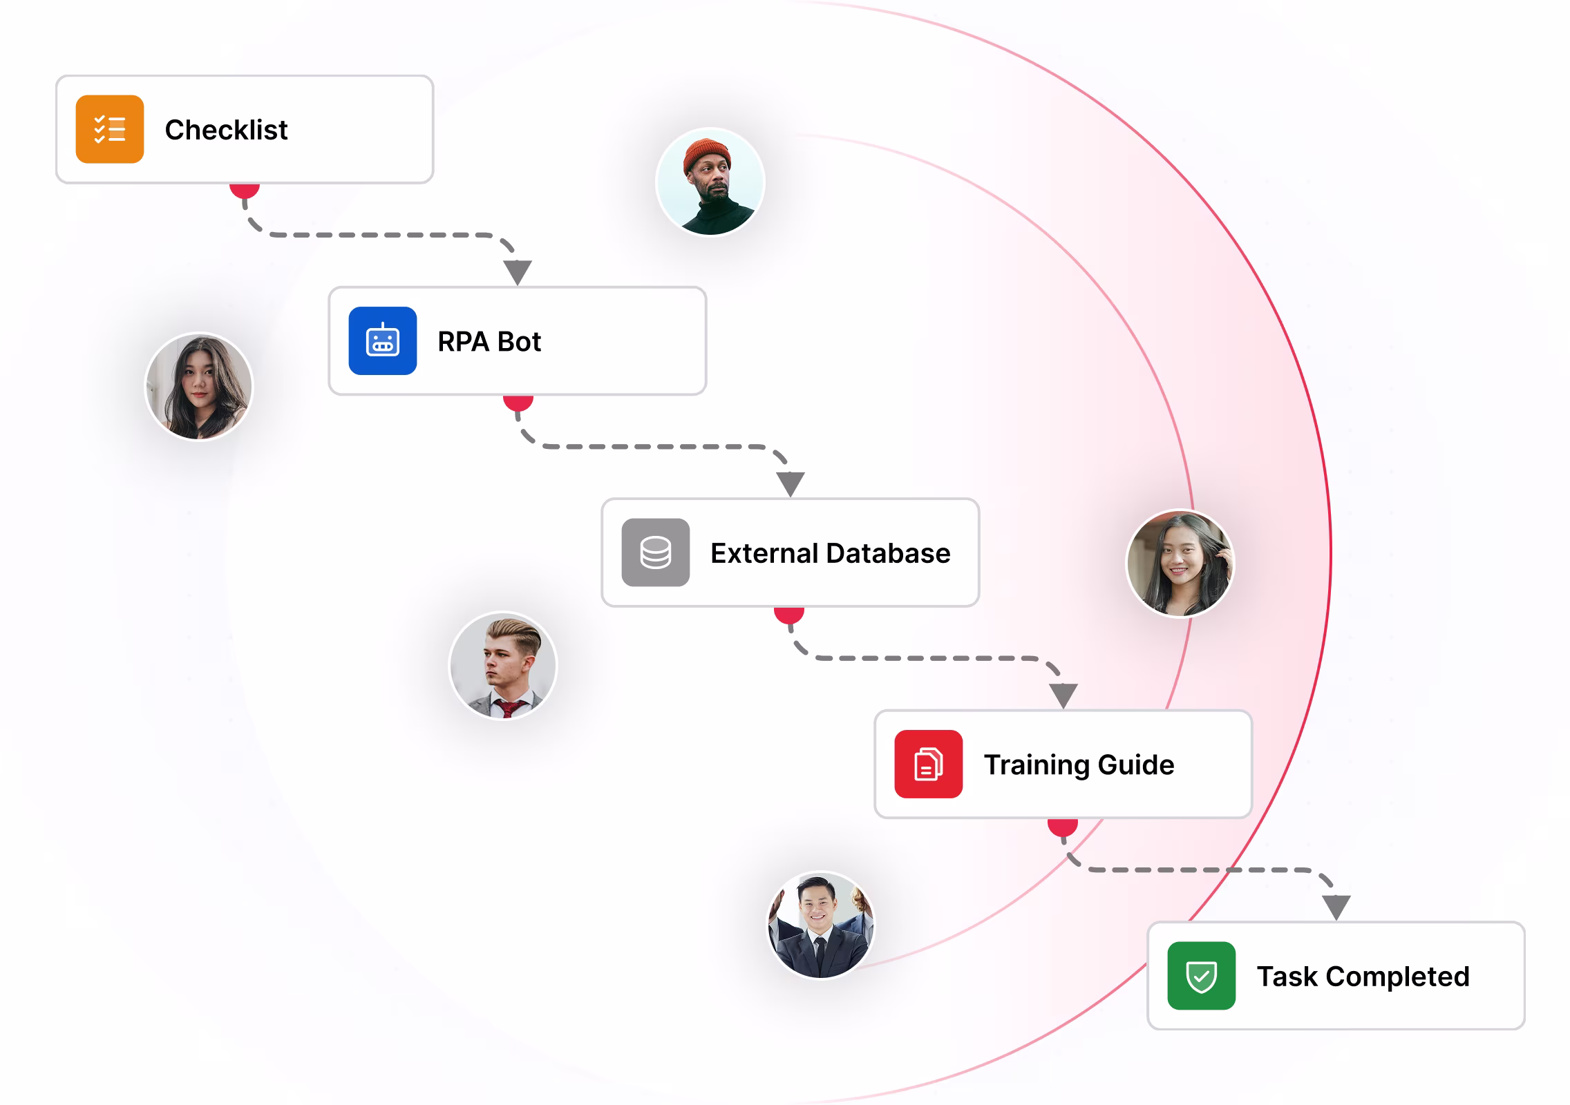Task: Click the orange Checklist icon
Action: point(110,129)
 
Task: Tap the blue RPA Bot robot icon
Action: point(382,340)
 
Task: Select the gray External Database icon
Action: point(655,552)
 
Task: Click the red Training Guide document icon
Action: point(928,764)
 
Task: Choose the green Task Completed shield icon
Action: point(1201,976)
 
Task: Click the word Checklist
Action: point(226,130)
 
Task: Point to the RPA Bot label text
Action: point(489,342)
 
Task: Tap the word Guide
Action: point(1135,765)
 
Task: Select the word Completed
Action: point(1397,977)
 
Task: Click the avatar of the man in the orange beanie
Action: point(710,182)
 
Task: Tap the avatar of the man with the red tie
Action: point(503,666)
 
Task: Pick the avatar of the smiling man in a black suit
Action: point(821,925)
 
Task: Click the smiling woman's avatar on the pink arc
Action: point(1180,563)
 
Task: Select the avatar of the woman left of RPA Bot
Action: point(199,386)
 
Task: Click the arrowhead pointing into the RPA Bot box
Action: point(518,271)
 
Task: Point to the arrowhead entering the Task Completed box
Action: point(1336,906)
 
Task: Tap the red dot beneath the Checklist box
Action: point(245,190)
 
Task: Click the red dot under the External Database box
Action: point(789,613)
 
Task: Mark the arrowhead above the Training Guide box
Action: point(1063,694)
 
